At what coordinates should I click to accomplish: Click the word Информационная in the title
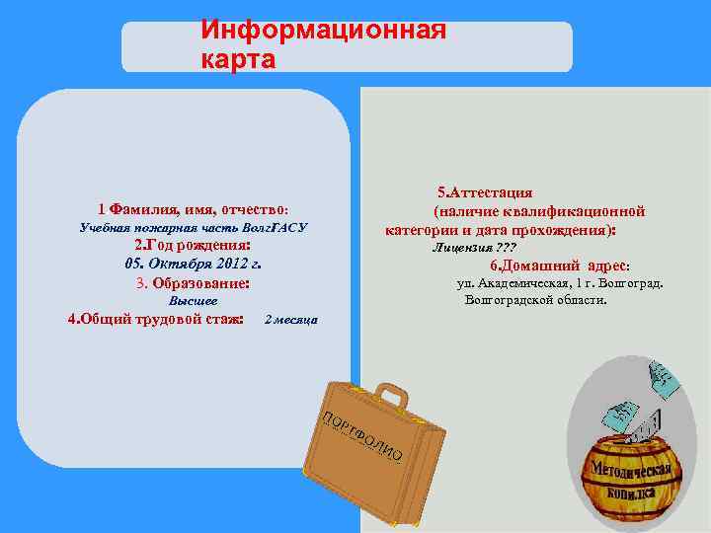point(324,30)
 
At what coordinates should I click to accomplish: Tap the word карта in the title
point(238,59)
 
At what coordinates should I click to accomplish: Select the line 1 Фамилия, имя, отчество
point(193,209)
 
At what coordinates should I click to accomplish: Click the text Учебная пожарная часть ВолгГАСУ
point(193,227)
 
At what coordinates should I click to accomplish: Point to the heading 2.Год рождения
point(193,246)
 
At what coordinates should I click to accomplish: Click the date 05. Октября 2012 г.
point(193,265)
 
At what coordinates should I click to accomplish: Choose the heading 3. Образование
point(193,283)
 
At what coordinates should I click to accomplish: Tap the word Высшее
point(194,300)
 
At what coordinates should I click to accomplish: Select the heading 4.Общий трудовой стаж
point(156,319)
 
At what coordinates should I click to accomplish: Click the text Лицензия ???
point(474,247)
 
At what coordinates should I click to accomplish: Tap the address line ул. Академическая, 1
point(560,283)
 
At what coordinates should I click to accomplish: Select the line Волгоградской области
point(536,299)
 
